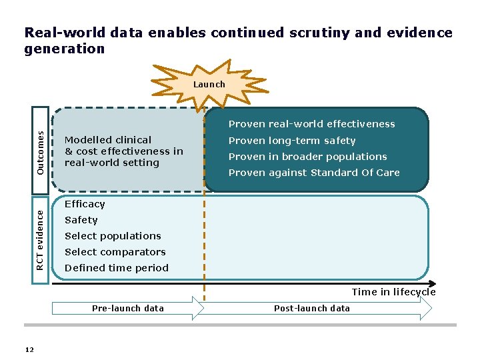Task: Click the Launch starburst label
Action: (x=209, y=85)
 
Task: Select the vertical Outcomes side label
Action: (x=41, y=152)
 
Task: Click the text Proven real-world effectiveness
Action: (x=311, y=124)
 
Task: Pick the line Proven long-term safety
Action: (x=292, y=141)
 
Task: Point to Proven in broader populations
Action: (x=307, y=157)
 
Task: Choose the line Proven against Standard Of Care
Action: (x=314, y=173)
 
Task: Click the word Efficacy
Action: (x=85, y=204)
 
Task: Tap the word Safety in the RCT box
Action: (x=81, y=220)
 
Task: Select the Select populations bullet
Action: (x=113, y=236)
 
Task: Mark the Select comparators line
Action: (x=115, y=252)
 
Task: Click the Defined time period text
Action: (x=117, y=268)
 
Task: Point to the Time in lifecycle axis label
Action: (x=393, y=292)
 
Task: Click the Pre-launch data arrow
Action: (x=127, y=308)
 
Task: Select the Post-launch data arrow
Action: (x=312, y=308)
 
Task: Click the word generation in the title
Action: (x=65, y=49)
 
